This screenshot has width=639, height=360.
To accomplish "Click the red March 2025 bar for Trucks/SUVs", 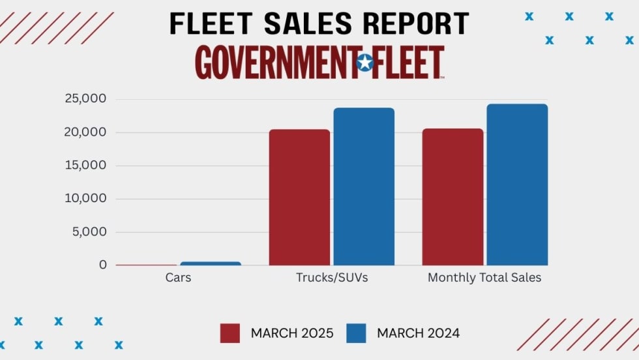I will click(x=299, y=197).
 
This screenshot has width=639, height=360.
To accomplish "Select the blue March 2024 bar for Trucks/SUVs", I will click(x=364, y=187).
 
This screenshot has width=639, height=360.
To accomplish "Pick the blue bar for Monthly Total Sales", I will click(x=517, y=185).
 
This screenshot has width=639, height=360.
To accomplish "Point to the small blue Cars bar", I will click(x=211, y=263).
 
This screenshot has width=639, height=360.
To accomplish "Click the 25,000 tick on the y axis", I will click(x=85, y=99).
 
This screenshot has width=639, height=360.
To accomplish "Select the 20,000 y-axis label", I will click(x=85, y=132).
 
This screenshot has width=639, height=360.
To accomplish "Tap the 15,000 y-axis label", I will click(x=85, y=166).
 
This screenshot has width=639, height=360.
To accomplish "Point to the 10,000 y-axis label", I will click(x=85, y=199).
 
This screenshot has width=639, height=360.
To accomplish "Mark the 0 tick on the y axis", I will click(x=103, y=265).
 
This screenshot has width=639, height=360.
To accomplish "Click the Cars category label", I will click(x=178, y=278).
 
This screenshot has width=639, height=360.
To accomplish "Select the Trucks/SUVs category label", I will click(x=332, y=278).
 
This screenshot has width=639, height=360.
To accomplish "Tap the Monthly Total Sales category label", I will click(x=484, y=278).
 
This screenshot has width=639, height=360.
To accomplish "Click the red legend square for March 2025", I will click(x=230, y=333).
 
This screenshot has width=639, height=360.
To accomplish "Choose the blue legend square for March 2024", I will click(x=357, y=333).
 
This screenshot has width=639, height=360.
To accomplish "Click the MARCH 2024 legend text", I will click(x=418, y=333).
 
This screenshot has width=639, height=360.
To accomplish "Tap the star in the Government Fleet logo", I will click(x=365, y=63).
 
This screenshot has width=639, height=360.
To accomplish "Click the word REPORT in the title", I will click(x=416, y=23).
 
